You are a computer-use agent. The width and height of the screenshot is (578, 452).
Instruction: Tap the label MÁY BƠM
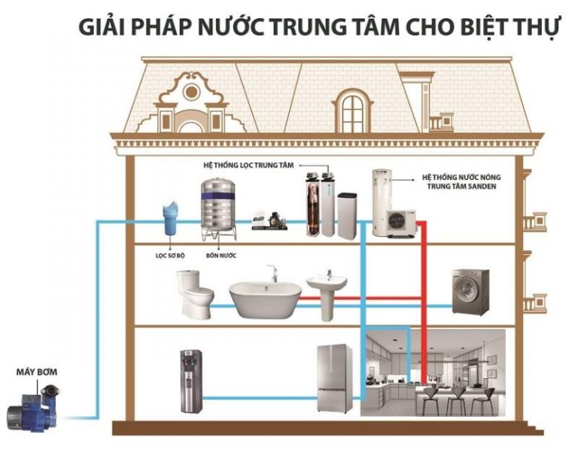36,372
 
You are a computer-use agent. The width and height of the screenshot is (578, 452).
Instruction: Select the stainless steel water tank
218,209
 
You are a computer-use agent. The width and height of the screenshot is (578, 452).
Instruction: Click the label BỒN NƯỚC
221,256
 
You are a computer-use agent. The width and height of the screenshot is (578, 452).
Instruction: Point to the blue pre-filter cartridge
171,218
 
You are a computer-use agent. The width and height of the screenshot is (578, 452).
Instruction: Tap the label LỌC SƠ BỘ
170,256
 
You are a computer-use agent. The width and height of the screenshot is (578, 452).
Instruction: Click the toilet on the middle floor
194,293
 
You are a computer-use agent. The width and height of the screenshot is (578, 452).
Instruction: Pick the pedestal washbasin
327,296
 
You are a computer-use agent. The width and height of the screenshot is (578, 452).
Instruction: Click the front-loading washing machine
470,292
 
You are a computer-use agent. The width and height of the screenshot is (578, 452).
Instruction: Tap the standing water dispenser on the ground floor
191,381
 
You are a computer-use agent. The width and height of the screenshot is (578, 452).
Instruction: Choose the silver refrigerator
335,378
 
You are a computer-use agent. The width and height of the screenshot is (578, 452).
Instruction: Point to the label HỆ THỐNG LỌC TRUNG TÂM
249,165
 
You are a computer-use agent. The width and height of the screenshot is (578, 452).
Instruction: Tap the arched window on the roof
352,110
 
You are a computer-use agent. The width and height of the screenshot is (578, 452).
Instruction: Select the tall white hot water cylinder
382,202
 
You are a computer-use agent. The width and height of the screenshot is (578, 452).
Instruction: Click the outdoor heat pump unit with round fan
401,224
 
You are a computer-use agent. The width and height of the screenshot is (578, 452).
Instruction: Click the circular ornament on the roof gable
191,92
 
